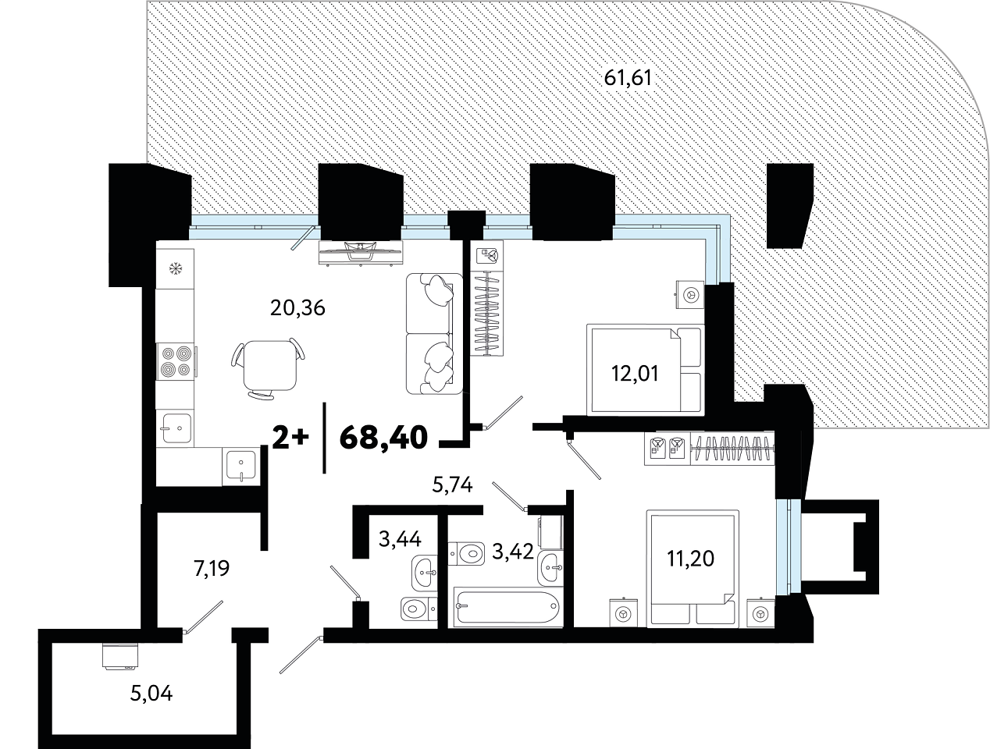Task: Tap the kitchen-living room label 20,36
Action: [297, 308]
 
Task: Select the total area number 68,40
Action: [383, 438]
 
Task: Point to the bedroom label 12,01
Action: [635, 373]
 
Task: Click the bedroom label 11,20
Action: [690, 559]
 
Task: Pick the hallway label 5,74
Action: [452, 485]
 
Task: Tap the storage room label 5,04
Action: [151, 693]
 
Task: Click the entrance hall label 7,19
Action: [212, 568]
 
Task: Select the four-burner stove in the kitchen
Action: [176, 361]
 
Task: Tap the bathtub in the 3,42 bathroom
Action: [507, 607]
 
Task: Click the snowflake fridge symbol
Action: [176, 269]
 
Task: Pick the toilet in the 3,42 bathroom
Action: [467, 554]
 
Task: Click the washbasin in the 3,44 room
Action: [424, 573]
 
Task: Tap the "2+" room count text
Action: [291, 438]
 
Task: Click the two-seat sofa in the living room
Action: [434, 333]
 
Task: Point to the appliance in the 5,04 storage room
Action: [119, 658]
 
